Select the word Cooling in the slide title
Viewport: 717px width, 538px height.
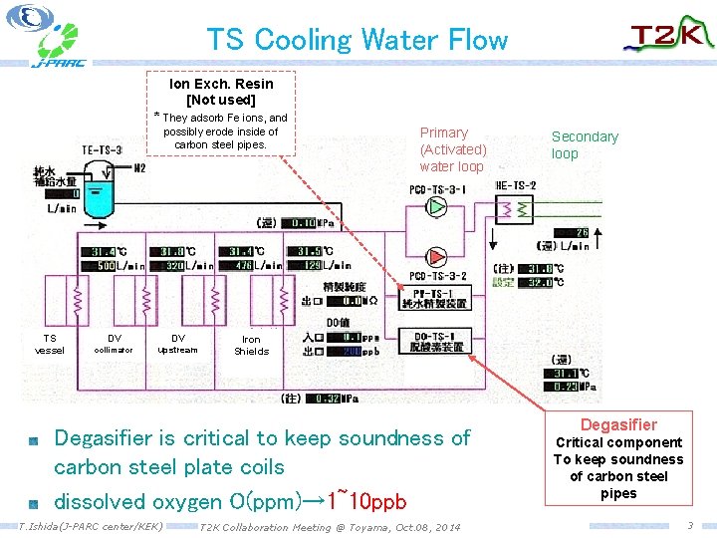(x=303, y=40)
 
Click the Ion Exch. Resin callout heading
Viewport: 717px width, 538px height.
(x=221, y=84)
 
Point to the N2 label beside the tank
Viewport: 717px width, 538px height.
(x=139, y=168)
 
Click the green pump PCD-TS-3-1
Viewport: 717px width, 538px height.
(x=436, y=206)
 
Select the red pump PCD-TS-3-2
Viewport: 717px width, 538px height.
(x=436, y=257)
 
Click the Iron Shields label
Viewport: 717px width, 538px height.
(x=251, y=345)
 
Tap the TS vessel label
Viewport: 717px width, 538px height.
(x=49, y=344)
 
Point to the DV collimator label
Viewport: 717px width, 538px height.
(x=115, y=344)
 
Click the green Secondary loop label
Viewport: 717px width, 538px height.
(x=585, y=144)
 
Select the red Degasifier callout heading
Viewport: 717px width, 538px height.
(x=618, y=424)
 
